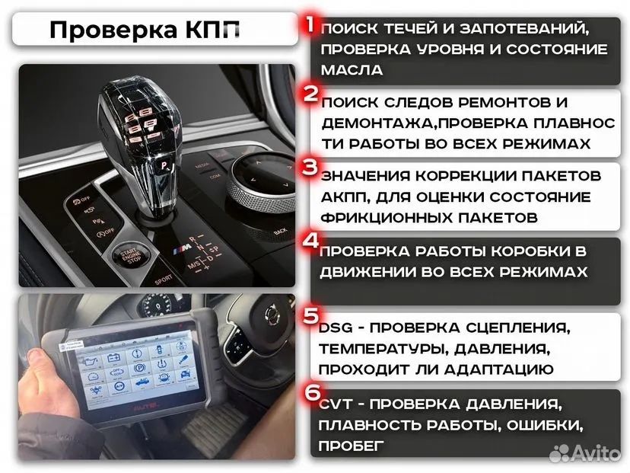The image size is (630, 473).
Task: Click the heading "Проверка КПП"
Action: tap(145, 30)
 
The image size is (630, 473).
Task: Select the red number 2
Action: tap(310, 94)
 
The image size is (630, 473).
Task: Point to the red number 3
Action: tap(310, 166)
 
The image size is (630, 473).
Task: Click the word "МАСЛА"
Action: tap(352, 69)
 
